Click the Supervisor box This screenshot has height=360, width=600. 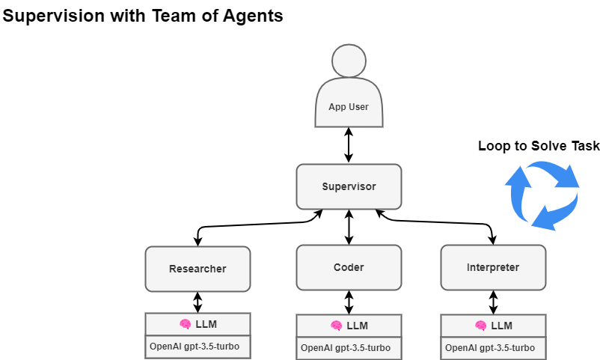click(349, 186)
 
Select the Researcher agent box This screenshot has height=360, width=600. click(198, 269)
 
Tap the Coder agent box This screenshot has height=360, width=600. click(349, 267)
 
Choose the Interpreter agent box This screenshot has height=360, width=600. click(492, 267)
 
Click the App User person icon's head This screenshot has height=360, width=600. click(349, 61)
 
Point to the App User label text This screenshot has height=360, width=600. click(349, 107)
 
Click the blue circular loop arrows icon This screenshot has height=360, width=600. click(544, 196)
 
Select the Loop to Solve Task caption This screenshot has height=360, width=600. click(539, 146)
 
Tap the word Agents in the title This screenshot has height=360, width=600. click(254, 16)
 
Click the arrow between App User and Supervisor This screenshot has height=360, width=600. click(349, 145)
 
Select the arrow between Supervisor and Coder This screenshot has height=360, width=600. click(349, 227)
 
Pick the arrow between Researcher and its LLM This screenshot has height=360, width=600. click(198, 302)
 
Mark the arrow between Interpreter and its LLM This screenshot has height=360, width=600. click(492, 302)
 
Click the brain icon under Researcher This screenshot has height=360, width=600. click(185, 324)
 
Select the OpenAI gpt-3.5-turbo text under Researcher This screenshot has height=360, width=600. click(198, 347)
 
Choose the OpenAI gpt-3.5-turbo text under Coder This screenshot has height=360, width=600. click(346, 348)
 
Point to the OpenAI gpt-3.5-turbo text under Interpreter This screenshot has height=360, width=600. click(490, 348)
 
